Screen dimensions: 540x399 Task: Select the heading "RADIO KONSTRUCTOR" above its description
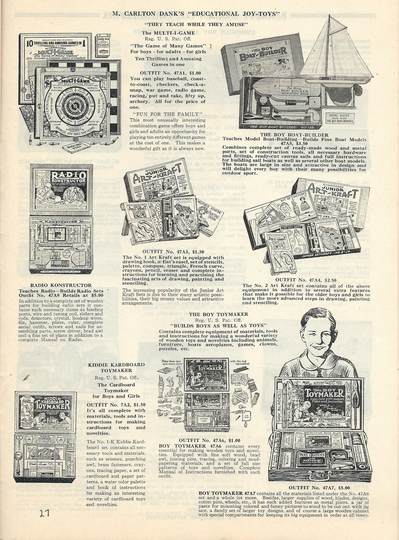(61, 285)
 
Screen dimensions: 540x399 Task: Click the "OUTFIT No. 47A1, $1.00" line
(168, 73)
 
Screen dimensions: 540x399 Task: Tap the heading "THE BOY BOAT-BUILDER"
(294, 135)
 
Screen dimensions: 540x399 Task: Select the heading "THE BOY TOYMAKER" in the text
(218, 314)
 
